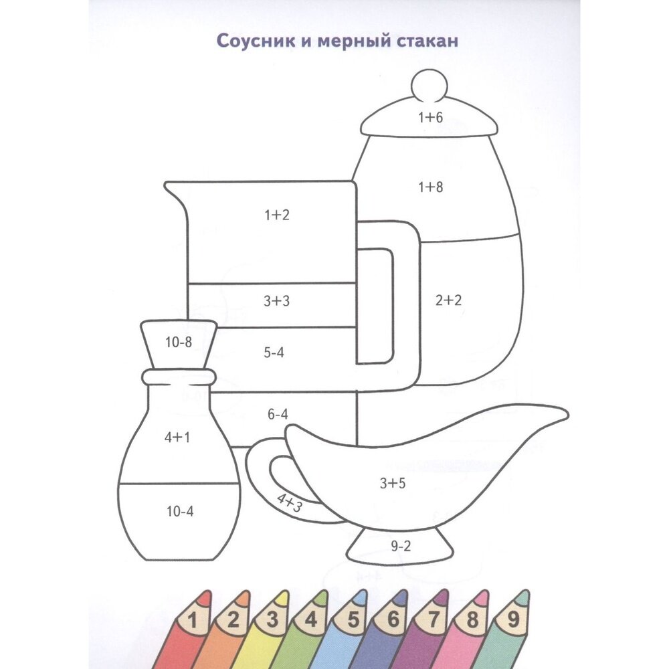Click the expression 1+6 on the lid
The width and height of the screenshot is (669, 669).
(x=430, y=118)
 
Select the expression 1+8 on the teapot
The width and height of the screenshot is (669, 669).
(x=430, y=188)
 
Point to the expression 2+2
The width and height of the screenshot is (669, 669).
(x=449, y=300)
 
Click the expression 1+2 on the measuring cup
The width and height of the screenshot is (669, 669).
(x=276, y=215)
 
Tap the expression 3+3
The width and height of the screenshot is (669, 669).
(x=276, y=301)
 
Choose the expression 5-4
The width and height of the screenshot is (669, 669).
(x=273, y=353)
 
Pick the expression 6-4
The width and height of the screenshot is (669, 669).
(x=276, y=414)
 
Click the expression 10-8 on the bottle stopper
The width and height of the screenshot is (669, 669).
(x=179, y=343)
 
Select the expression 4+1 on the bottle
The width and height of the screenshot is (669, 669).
(x=177, y=438)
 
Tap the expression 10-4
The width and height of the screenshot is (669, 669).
(x=179, y=512)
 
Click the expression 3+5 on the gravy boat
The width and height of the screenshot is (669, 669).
(x=393, y=483)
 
